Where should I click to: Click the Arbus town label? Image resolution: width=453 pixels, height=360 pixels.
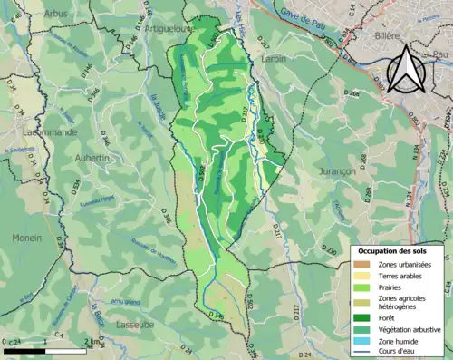pyautogui.click(x=55, y=15)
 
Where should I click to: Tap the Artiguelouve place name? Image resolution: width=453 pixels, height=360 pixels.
pyautogui.click(x=157, y=30)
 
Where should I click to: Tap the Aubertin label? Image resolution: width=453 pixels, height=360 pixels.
pyautogui.click(x=92, y=157)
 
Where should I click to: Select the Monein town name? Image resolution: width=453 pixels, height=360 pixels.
pyautogui.click(x=27, y=238)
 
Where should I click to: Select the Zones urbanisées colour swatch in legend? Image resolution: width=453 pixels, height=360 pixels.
pyautogui.click(x=359, y=263)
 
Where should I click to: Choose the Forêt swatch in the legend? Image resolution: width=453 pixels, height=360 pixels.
pyautogui.click(x=359, y=316)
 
